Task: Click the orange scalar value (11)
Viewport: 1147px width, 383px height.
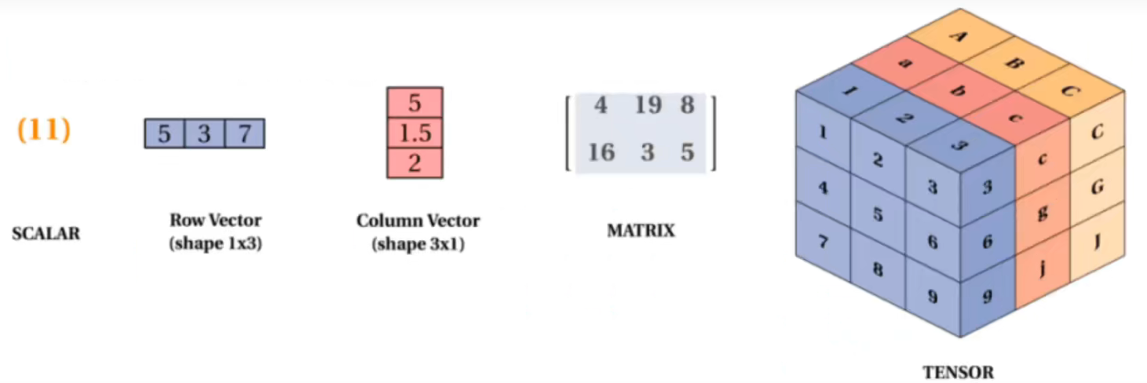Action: (44, 129)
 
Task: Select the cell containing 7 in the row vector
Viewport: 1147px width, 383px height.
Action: (245, 133)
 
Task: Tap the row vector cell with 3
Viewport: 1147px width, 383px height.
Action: (204, 133)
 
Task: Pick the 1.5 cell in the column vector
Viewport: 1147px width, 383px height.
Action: (415, 133)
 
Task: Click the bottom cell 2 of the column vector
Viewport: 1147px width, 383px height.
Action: (415, 163)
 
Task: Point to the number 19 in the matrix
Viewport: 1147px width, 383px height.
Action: (648, 105)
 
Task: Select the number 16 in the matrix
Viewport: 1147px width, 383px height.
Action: (601, 152)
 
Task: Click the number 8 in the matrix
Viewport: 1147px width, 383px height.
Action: (687, 105)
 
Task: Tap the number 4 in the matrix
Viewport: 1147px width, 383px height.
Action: (601, 105)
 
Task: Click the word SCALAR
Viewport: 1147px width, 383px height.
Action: (46, 233)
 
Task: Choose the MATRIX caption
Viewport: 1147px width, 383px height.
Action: (641, 231)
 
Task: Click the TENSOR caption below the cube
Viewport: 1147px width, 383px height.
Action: (959, 372)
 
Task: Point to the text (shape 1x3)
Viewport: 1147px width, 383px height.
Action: (216, 243)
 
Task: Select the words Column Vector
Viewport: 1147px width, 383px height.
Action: (418, 221)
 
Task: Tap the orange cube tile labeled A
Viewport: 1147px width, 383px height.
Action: (959, 36)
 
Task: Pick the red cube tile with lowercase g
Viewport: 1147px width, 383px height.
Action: (1043, 213)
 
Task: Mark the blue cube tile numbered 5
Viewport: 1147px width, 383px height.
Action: (878, 214)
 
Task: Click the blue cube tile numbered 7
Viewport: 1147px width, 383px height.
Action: (823, 241)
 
